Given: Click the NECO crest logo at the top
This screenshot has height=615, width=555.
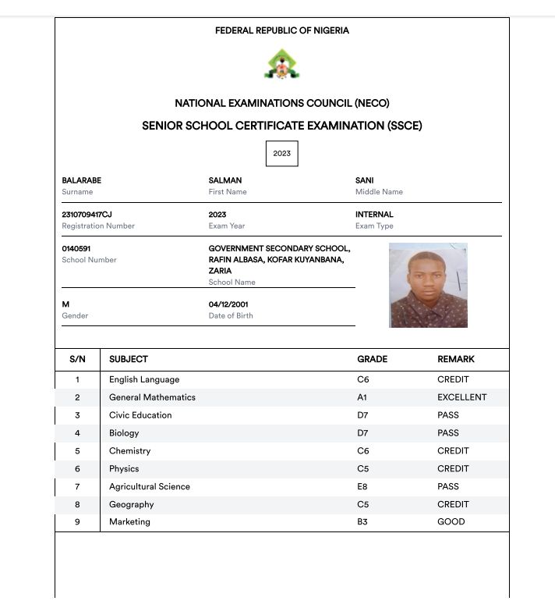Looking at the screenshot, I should [x=281, y=65].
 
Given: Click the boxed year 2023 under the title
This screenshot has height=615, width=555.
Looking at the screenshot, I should [x=281, y=154].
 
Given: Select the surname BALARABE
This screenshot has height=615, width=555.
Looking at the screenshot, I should [x=82, y=180].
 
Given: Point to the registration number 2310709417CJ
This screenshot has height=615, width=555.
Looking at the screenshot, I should [x=87, y=215].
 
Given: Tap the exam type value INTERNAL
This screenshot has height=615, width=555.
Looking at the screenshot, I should [x=374, y=215].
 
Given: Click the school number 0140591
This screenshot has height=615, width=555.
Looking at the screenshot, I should [x=76, y=249].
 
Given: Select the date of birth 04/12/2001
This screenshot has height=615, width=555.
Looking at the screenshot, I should [x=228, y=304].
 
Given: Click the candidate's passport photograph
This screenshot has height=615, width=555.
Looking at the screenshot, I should [x=428, y=285].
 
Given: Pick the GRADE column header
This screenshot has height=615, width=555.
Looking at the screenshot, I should [x=372, y=360].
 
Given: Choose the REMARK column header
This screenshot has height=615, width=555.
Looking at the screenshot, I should [x=456, y=360].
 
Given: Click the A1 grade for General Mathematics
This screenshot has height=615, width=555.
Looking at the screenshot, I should [x=362, y=397].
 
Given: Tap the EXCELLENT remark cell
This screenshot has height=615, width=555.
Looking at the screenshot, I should [x=461, y=397].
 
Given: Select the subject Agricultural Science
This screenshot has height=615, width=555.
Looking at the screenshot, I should [x=150, y=486].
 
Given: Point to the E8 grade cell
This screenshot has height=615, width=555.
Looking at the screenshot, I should [x=362, y=486].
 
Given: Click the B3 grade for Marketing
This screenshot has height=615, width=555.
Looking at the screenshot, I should [x=362, y=522].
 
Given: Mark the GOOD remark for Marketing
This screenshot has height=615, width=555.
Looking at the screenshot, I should [x=451, y=522].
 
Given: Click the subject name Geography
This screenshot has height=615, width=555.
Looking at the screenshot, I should [x=132, y=504].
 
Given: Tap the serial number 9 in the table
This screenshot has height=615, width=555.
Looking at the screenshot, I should [x=77, y=522].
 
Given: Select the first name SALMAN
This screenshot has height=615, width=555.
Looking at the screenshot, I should [x=225, y=180].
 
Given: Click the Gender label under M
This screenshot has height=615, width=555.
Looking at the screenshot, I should [x=75, y=316].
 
